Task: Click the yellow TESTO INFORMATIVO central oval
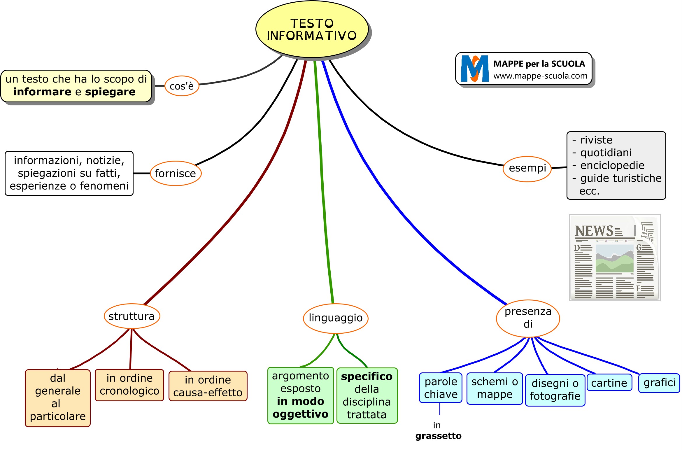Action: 312,29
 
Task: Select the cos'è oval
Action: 182,86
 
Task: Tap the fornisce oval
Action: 176,173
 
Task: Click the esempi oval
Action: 527,168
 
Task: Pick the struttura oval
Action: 132,316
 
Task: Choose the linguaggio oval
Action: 336,318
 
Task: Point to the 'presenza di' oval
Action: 528,318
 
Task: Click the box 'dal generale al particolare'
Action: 58,398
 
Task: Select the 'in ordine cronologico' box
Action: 129,385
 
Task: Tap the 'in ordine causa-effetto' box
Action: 208,386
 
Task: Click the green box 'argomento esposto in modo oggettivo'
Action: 300,395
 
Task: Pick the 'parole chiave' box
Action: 441,388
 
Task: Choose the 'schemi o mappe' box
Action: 495,388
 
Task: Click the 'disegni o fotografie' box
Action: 555,390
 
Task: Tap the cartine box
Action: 609,383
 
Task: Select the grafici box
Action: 659,383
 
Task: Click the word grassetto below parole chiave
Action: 438,436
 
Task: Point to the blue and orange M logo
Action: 475,69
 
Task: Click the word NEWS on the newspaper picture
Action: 594,231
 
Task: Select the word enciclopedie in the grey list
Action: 612,165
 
